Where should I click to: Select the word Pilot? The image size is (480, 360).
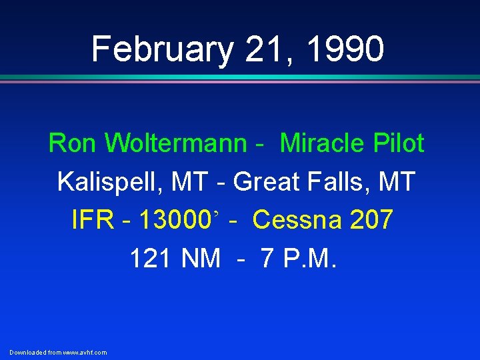399,143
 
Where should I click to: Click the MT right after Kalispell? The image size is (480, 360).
184,181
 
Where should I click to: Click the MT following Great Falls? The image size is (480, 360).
397,181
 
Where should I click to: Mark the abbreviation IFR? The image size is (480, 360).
92,220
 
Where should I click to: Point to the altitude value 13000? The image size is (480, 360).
171,220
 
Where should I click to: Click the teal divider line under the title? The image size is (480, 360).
240,78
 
